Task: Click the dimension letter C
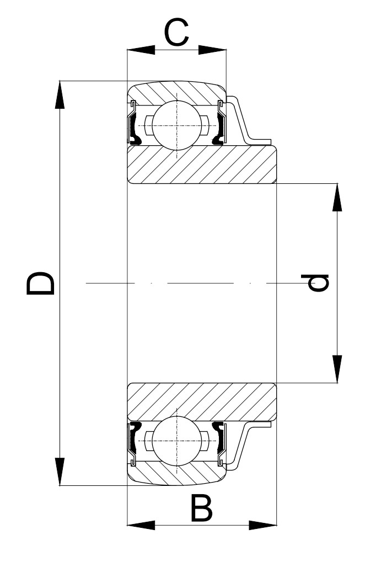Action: [176, 33]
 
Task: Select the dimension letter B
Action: [201, 509]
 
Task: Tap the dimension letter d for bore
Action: [319, 282]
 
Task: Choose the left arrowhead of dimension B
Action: [141, 524]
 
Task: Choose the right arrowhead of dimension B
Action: [262, 524]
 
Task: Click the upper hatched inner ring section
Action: [202, 165]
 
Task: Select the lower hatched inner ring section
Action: [202, 401]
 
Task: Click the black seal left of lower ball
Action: [133, 436]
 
